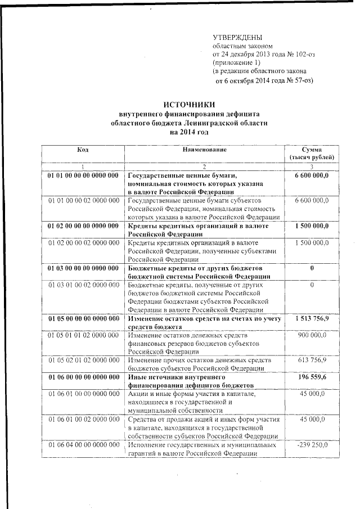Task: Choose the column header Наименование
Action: pyautogui.click(x=204, y=150)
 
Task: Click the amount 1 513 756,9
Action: pyautogui.click(x=312, y=318)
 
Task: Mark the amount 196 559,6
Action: pyautogui.click(x=312, y=376)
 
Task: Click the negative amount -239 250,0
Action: pyautogui.click(x=312, y=445)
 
